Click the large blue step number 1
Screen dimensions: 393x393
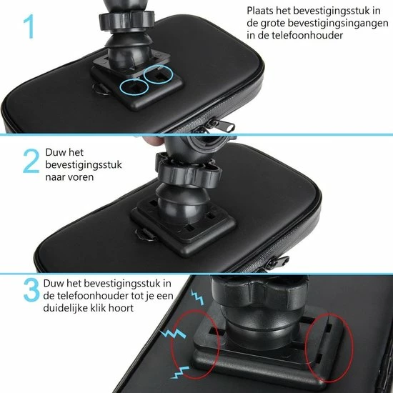pyautogui.click(x=29, y=26)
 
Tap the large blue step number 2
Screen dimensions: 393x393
pyautogui.click(x=31, y=161)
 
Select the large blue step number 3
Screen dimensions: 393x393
pyautogui.click(x=31, y=290)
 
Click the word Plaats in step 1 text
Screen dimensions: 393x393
pyautogui.click(x=259, y=11)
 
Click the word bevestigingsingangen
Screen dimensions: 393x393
pyautogui.click(x=338, y=24)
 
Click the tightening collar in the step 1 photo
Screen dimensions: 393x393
pyautogui.click(x=126, y=21)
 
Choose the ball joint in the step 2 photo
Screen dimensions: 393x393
pyautogui.click(x=182, y=204)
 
